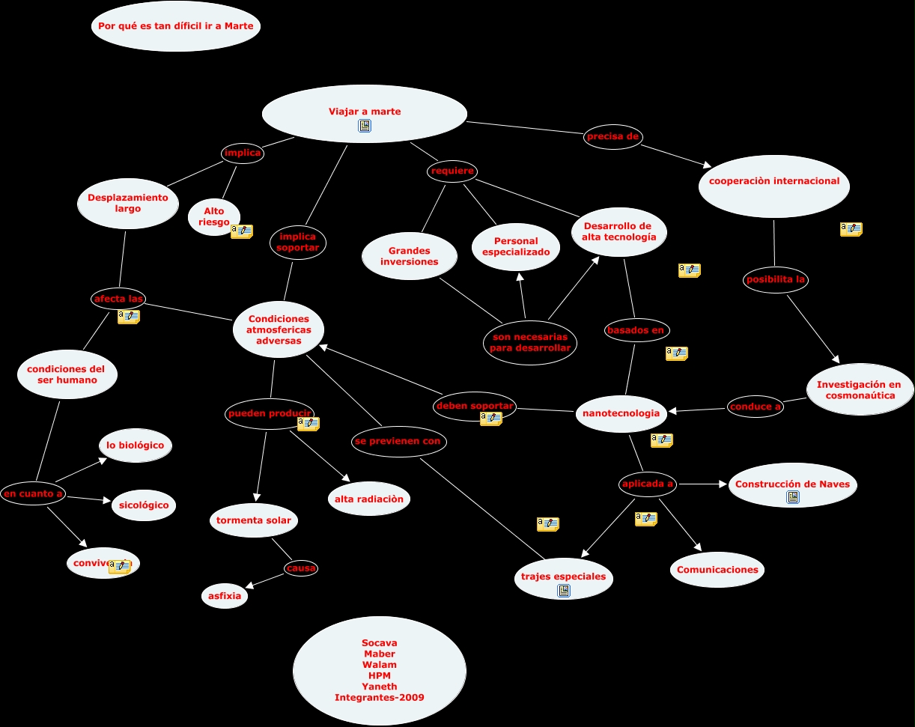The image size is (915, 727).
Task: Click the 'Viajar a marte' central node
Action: pos(365,112)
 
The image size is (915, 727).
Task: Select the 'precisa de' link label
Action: pos(612,136)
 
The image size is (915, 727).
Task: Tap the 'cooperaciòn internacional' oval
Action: pos(773,181)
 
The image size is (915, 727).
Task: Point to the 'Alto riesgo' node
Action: pos(213,216)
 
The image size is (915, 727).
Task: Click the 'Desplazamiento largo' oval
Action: pos(128,203)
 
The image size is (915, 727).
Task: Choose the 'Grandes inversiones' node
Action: pos(409,256)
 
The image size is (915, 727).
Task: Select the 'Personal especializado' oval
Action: pos(516,246)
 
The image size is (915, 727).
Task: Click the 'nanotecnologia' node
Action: pos(621,413)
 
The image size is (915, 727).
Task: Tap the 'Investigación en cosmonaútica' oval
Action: pos(859,389)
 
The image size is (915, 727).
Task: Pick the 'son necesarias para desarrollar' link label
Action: pos(530,342)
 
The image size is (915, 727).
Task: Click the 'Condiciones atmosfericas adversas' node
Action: pos(278,329)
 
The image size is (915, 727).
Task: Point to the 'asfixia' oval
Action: pos(225,596)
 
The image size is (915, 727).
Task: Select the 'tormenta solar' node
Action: pos(254,520)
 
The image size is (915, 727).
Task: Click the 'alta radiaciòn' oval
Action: pos(368,499)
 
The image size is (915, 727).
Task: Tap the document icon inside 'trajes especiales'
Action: pos(564,591)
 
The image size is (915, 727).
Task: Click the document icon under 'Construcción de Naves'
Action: pos(792,497)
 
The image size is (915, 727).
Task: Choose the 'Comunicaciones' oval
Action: pos(717,570)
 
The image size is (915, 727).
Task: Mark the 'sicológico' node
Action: pos(144,505)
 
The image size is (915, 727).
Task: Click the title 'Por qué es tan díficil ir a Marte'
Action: pos(176,26)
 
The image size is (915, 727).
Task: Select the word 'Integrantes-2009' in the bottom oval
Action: pos(379,698)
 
